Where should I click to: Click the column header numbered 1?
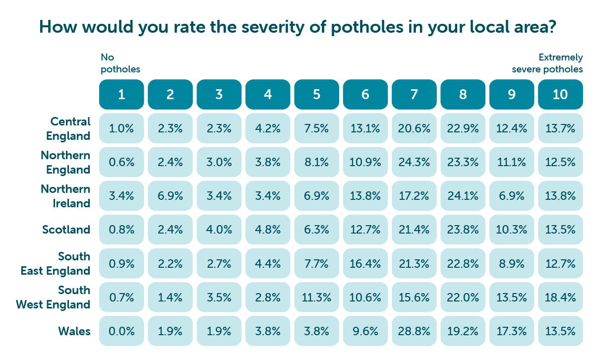(x=121, y=94)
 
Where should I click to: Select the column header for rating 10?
(x=560, y=94)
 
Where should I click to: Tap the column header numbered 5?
(x=316, y=94)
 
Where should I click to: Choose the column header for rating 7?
(x=414, y=94)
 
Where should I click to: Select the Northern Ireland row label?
(x=66, y=196)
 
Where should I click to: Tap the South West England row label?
(x=54, y=297)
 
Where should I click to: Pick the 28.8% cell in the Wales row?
(x=414, y=331)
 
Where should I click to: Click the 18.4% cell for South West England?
(x=560, y=297)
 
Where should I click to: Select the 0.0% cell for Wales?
(x=121, y=331)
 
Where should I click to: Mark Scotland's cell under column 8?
(x=463, y=230)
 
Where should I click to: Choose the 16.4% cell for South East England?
(x=365, y=263)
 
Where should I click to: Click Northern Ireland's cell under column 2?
(x=170, y=196)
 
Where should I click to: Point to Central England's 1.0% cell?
(x=121, y=128)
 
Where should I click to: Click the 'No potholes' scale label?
(x=120, y=63)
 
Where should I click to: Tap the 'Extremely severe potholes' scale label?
(x=547, y=63)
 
